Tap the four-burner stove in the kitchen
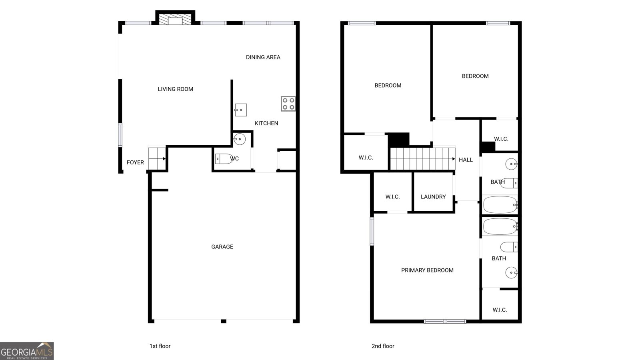(x=288, y=104)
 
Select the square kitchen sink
(x=240, y=110)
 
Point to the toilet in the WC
(x=224, y=158)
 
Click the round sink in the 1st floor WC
(x=240, y=139)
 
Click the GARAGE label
(x=222, y=247)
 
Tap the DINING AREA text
(x=263, y=58)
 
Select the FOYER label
(x=136, y=162)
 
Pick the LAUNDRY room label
(x=433, y=197)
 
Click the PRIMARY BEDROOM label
(x=427, y=270)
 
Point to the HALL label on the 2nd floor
(x=466, y=160)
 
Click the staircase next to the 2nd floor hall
(x=422, y=159)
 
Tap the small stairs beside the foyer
(x=157, y=158)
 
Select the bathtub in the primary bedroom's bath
(x=500, y=226)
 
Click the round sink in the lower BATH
(x=512, y=272)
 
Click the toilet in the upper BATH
(x=509, y=183)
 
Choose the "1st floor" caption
(x=160, y=346)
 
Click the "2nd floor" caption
(x=383, y=346)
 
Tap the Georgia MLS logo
(x=27, y=351)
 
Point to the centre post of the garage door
(x=224, y=322)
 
